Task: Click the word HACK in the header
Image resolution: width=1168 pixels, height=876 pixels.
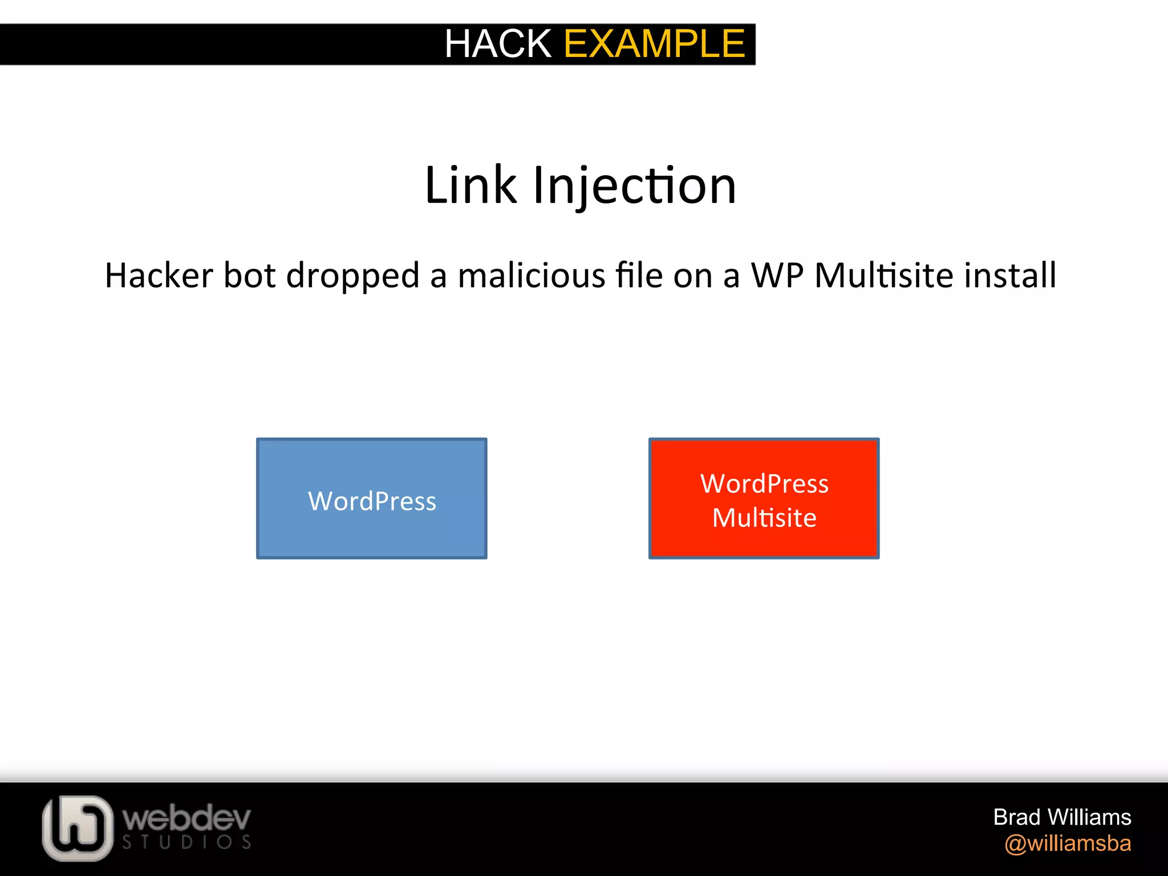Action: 497,44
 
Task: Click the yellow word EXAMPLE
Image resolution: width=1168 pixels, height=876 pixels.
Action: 654,44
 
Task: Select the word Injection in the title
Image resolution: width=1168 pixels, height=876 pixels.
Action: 634,186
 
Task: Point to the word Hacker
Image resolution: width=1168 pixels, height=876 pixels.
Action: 159,275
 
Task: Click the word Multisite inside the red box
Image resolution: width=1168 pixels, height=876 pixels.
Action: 764,518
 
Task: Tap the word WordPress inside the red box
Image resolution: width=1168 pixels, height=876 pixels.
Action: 764,484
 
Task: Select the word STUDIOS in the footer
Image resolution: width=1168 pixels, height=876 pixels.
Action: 186,842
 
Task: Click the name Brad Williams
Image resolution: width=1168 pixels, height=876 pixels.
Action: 1062,817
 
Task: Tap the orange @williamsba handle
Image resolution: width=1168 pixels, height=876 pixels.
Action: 1068,843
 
